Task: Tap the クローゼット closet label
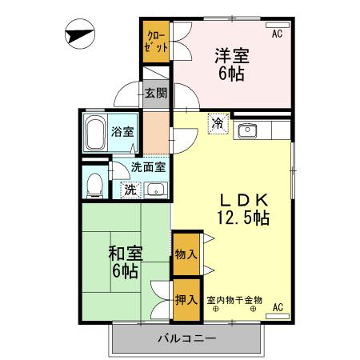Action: tap(157, 39)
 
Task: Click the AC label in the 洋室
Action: tap(277, 34)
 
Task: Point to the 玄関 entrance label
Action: tap(156, 93)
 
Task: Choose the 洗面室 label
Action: tap(150, 167)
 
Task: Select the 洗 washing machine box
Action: tap(128, 190)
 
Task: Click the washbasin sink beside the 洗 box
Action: tap(155, 190)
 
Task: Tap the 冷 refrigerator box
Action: tap(217, 124)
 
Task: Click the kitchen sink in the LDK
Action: tap(247, 130)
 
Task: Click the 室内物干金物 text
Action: tap(234, 299)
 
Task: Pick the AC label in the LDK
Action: tap(278, 306)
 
